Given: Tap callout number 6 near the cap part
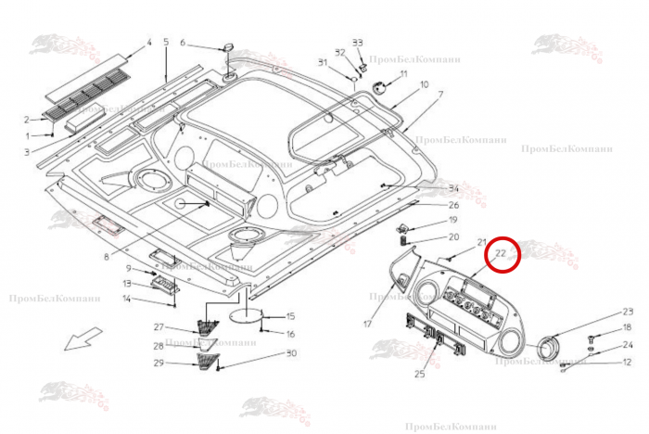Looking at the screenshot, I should point(183,43).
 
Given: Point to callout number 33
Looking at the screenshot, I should point(358,43).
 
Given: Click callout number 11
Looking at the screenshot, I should point(404,73).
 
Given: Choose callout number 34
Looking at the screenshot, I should point(453,189).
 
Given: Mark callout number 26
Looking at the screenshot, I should point(453,205).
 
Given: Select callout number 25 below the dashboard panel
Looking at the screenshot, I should point(419,374).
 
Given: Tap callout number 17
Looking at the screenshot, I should point(367,324).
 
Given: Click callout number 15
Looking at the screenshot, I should point(290,316).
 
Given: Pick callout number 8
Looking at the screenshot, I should point(107,257).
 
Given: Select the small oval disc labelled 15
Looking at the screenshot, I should point(244,315).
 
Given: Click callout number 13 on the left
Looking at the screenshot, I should point(128,284).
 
